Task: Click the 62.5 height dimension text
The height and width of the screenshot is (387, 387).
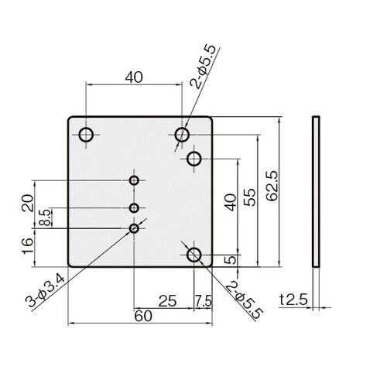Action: pyautogui.click(x=272, y=185)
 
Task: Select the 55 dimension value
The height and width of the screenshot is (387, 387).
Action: pyautogui.click(x=250, y=197)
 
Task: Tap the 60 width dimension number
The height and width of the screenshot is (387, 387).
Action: pyautogui.click(x=143, y=316)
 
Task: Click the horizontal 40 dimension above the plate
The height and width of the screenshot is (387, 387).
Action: pyautogui.click(x=134, y=77)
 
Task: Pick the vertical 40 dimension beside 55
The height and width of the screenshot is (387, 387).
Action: pyautogui.click(x=230, y=202)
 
